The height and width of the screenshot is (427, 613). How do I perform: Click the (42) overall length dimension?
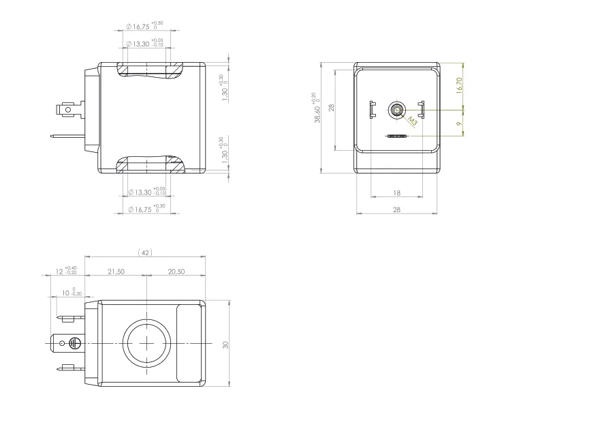tap(145, 252)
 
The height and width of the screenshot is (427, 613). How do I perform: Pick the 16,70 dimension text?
tap(458, 85)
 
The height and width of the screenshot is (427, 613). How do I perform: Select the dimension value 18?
tap(396, 193)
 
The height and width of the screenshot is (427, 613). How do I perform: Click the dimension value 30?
tap(225, 345)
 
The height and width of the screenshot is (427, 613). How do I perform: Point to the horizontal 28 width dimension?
tap(396, 210)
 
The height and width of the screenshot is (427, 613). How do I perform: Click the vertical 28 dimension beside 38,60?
tap(332, 108)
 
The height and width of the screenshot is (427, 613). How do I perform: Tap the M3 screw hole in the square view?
tap(396, 109)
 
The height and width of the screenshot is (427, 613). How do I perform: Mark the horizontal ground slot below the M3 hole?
tap(396, 136)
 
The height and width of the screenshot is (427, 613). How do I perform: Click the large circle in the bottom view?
tap(146, 341)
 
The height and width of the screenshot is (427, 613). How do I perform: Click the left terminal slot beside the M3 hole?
tap(372, 108)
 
